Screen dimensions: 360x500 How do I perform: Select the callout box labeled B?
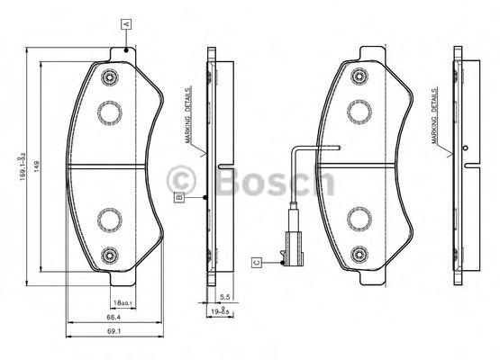[179, 195]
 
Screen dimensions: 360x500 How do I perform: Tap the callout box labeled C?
[257, 262]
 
